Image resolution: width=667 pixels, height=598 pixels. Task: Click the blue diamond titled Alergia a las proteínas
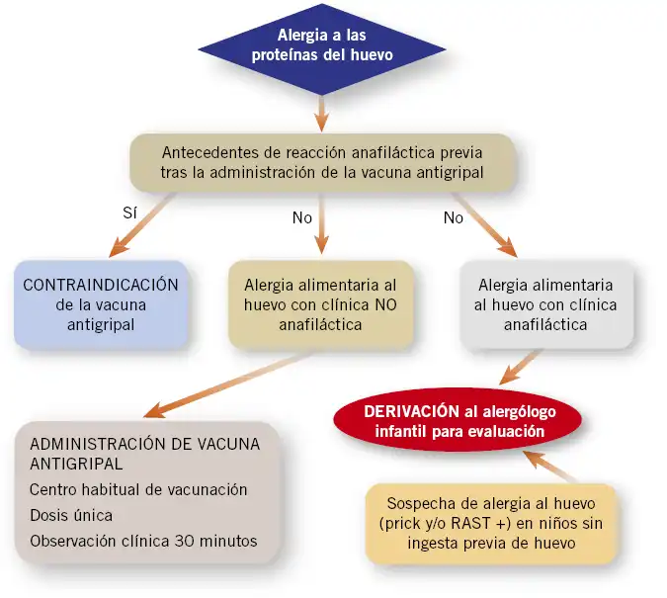click(x=321, y=49)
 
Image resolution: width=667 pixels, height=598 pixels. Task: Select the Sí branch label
click(x=129, y=212)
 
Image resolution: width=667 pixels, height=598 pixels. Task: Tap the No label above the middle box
click(x=302, y=217)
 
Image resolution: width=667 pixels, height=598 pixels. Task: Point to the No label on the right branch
click(x=453, y=217)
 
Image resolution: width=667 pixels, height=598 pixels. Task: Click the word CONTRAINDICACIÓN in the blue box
click(x=101, y=285)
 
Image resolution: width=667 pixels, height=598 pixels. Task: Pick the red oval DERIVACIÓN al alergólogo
click(x=458, y=420)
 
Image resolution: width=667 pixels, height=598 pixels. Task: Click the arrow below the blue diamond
click(x=321, y=114)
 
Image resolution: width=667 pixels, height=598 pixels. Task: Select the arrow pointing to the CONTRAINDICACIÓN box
click(x=141, y=225)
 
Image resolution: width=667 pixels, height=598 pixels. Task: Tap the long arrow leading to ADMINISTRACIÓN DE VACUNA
click(x=227, y=384)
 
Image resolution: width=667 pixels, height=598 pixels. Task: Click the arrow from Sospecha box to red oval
click(x=549, y=467)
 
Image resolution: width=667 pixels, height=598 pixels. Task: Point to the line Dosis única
click(x=71, y=515)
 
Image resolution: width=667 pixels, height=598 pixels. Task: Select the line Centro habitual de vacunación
click(x=138, y=489)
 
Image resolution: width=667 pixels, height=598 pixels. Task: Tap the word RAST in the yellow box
click(x=470, y=523)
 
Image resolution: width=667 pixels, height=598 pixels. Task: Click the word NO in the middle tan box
click(x=385, y=304)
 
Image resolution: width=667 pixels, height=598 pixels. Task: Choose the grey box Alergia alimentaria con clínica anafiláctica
click(x=546, y=304)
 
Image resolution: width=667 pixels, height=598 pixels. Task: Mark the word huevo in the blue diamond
click(x=372, y=55)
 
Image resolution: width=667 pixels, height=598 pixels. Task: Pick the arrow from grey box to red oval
click(x=520, y=368)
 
